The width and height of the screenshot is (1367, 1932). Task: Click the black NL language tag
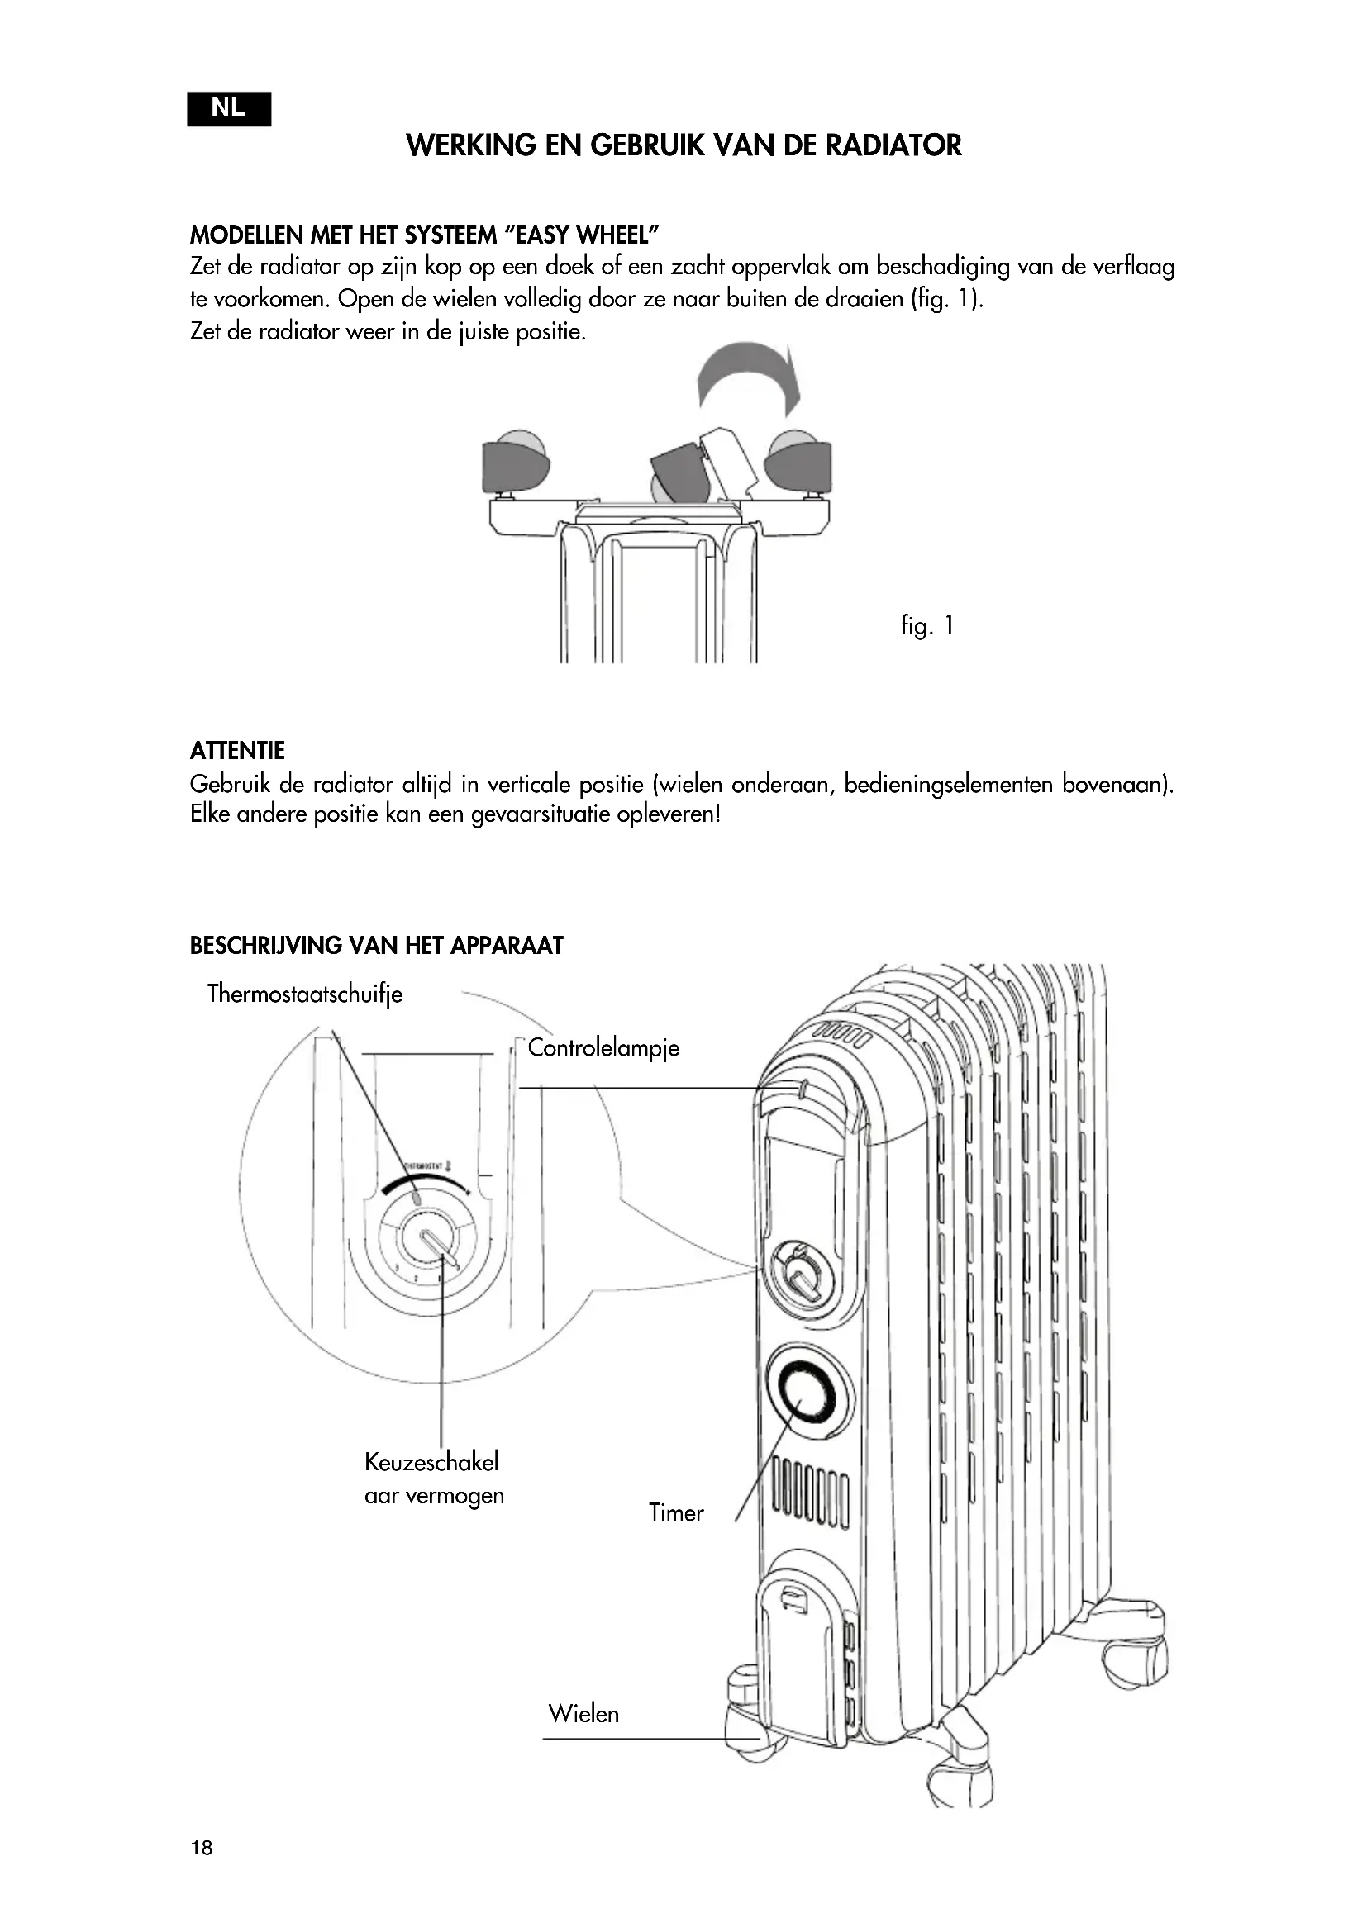tap(229, 108)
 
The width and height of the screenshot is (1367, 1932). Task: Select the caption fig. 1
tap(926, 625)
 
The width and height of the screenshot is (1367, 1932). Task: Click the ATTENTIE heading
tap(237, 750)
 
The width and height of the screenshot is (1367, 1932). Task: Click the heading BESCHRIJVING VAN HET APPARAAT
tap(376, 946)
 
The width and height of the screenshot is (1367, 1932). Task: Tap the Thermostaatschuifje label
tap(305, 994)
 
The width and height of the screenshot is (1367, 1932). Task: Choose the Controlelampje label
tap(603, 1047)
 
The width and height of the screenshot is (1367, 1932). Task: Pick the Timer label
tap(676, 1512)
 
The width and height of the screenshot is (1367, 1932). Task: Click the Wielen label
tap(583, 1713)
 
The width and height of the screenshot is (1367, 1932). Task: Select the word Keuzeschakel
tap(431, 1462)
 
